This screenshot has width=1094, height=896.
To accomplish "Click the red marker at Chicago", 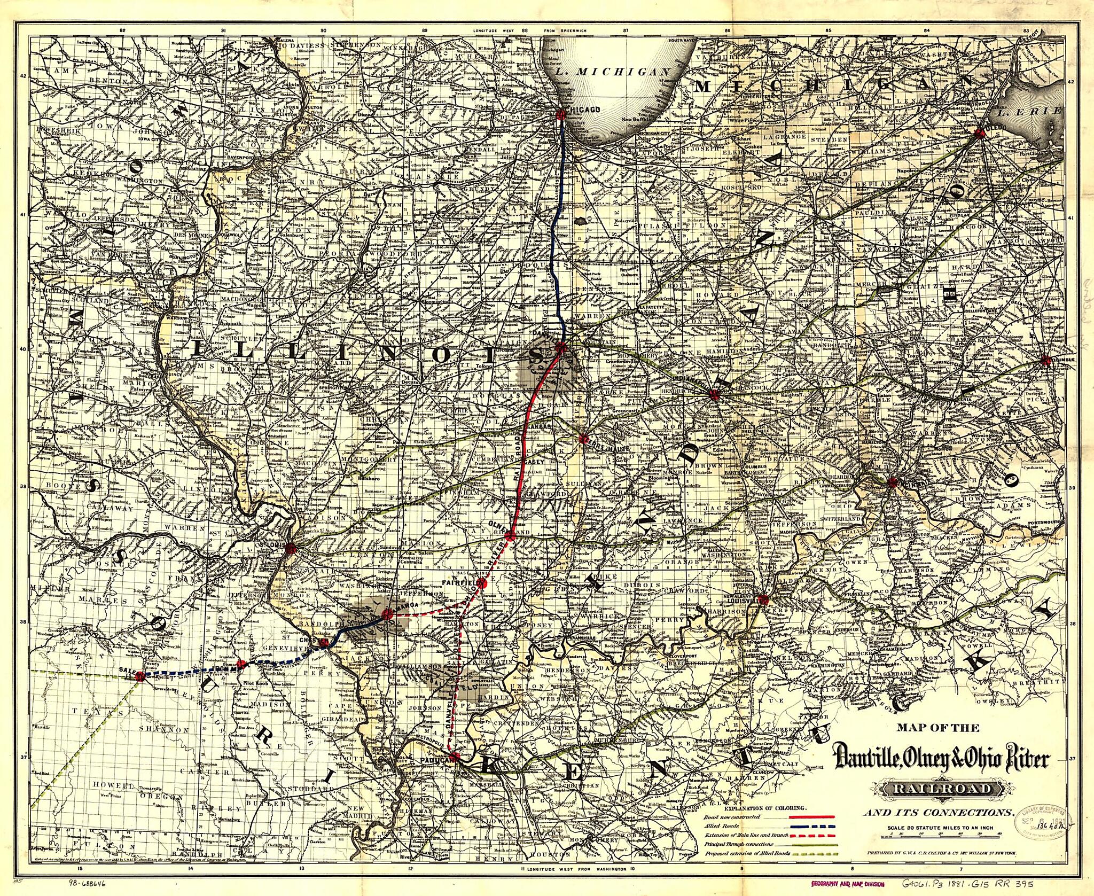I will pos(561,114).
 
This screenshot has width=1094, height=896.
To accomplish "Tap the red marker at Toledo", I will pos(979,133).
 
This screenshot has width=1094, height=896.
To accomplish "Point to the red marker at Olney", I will pos(510,536).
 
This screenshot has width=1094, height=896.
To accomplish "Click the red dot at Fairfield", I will pos(481,582).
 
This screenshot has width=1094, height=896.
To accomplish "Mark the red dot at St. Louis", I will pos(290,548).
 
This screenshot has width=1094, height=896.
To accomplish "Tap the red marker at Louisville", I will pos(763,599).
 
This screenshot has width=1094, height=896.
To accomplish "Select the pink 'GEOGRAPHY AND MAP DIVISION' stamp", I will pos(848,885).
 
